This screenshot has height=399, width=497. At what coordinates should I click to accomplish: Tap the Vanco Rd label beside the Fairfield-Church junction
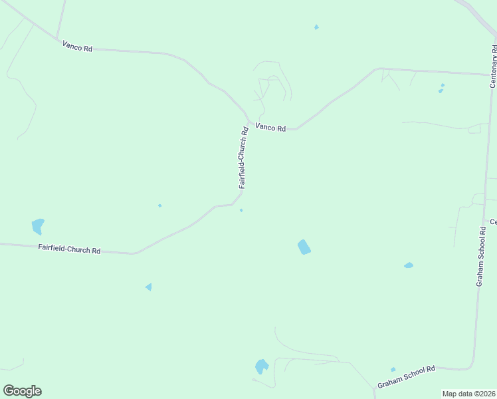(270, 128)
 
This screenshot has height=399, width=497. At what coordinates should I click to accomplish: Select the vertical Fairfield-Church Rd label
(245, 158)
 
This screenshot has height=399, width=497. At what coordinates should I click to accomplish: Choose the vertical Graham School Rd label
(481, 256)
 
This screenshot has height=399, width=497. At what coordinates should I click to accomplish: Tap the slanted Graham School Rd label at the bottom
(406, 377)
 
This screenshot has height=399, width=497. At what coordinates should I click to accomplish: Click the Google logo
(22, 391)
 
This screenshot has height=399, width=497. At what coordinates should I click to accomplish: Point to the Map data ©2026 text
(469, 394)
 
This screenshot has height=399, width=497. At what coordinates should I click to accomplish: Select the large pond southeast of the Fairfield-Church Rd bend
(304, 247)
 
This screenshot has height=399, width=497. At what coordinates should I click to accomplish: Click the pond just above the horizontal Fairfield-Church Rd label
(38, 226)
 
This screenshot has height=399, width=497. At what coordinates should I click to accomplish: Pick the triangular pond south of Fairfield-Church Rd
(149, 287)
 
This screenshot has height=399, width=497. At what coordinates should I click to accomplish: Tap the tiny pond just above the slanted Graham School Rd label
(393, 369)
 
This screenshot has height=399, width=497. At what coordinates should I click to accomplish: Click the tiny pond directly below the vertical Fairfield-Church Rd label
(241, 211)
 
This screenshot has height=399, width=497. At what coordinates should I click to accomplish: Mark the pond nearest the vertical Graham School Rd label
(408, 265)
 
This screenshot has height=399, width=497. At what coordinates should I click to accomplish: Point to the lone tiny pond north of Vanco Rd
(316, 27)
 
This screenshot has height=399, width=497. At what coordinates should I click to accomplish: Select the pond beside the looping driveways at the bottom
(261, 366)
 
